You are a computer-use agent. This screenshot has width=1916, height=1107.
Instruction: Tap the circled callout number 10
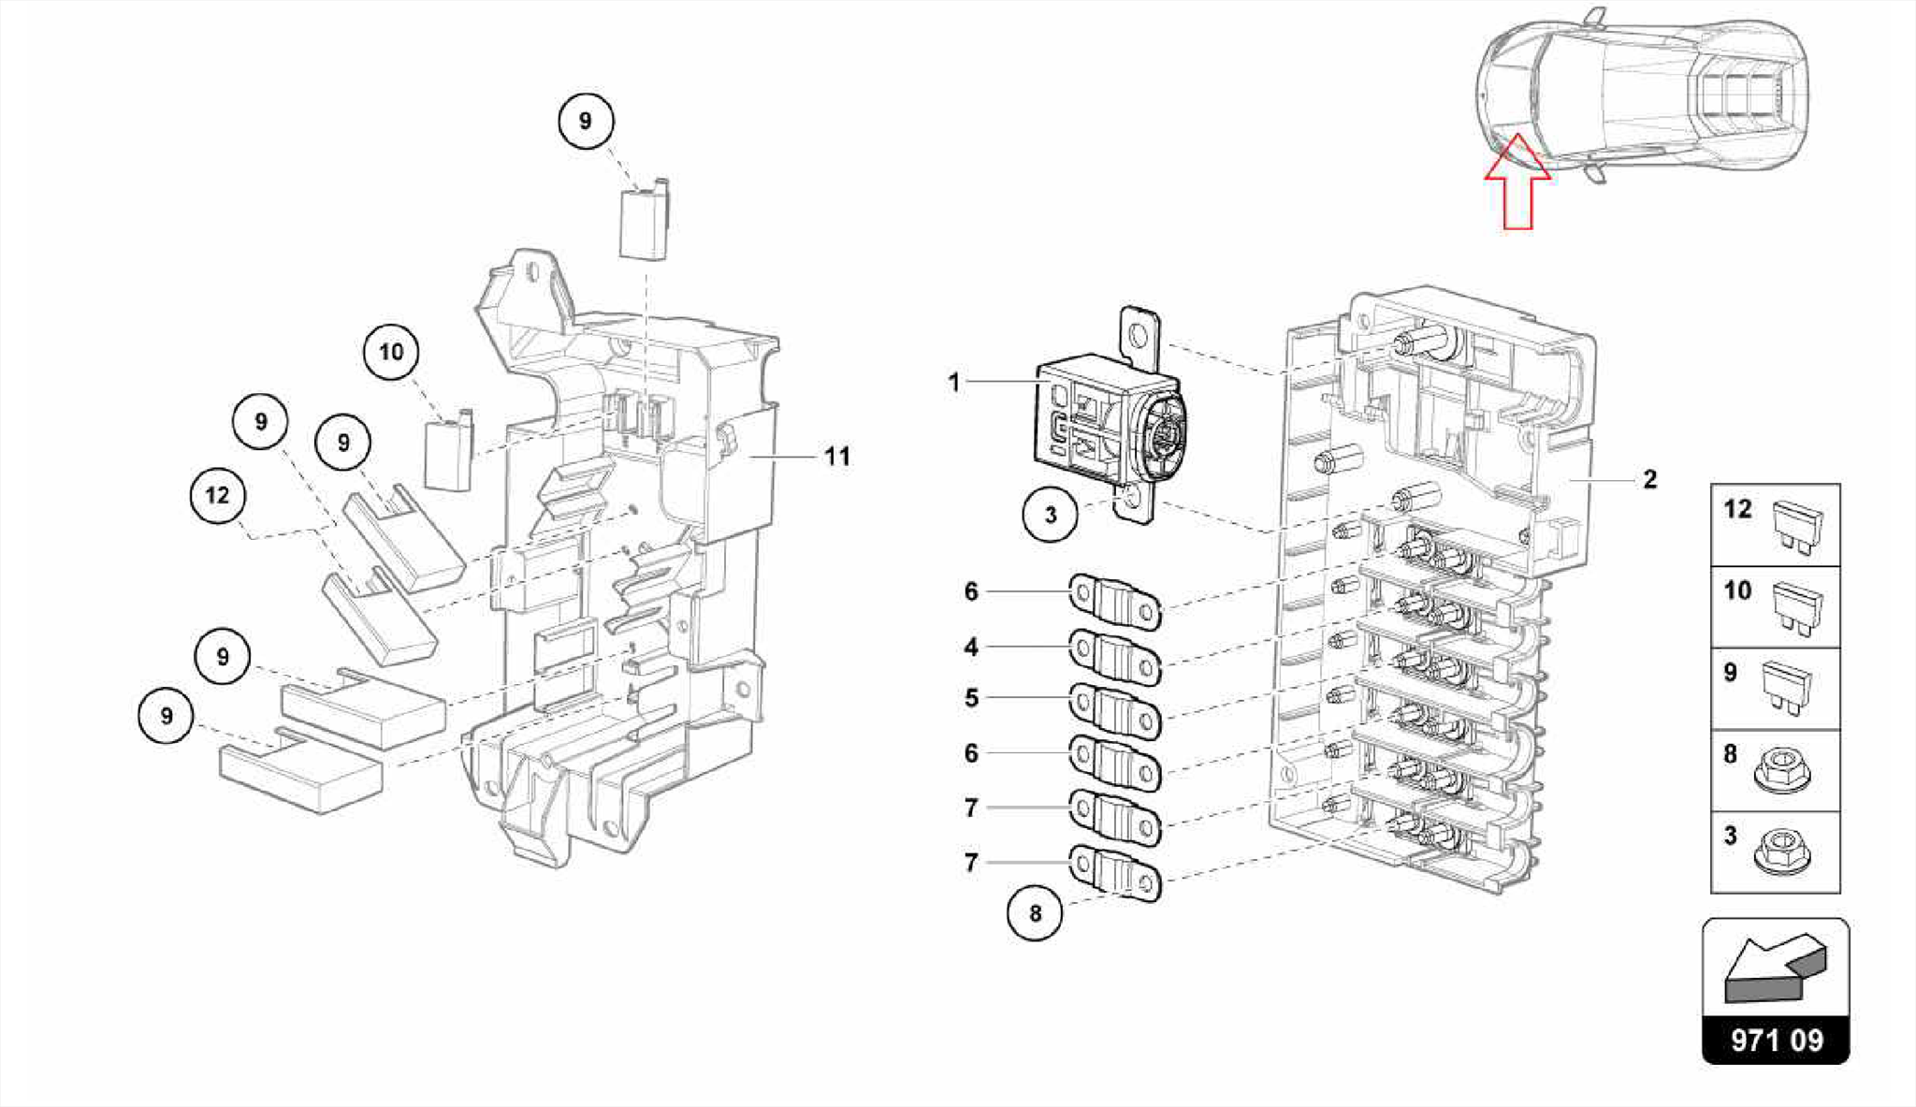(391, 352)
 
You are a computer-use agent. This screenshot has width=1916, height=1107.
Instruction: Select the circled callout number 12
(218, 495)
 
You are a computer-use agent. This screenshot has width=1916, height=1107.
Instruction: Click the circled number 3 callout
(1051, 514)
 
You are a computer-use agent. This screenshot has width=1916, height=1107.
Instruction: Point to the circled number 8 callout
(1035, 912)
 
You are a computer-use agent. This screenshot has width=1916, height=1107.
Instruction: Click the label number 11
(837, 457)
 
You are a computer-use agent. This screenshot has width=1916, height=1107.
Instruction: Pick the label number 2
(1649, 480)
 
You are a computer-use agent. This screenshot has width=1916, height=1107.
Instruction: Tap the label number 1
(954, 383)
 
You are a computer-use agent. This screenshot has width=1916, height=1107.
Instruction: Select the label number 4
(971, 647)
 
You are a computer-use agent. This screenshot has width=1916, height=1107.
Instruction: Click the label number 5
(971, 698)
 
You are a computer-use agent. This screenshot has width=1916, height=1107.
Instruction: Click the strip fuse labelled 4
(1115, 657)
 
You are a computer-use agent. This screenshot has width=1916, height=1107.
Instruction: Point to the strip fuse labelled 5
(1115, 710)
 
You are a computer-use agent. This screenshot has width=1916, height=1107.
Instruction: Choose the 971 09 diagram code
(1777, 1041)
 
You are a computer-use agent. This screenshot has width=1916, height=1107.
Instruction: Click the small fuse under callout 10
(450, 450)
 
